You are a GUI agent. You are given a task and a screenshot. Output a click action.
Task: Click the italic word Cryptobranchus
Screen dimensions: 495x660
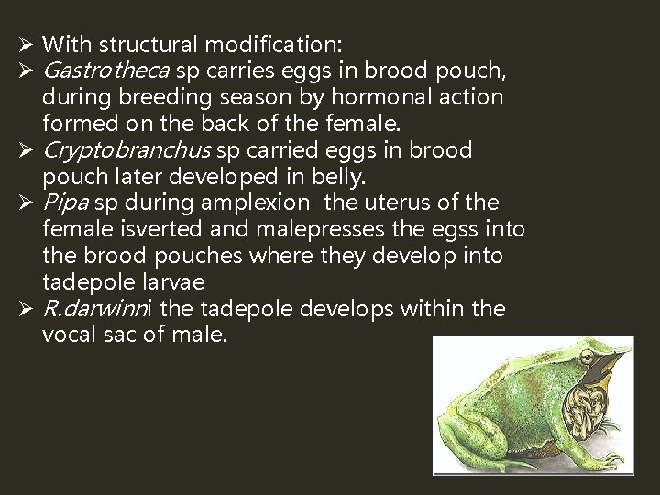coord(127,149)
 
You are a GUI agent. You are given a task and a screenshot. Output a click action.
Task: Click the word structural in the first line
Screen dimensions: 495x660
coord(148,43)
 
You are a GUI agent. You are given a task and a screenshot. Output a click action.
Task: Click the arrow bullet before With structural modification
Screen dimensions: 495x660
coord(26,43)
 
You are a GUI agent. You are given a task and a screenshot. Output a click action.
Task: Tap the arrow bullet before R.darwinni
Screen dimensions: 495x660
coord(26,309)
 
